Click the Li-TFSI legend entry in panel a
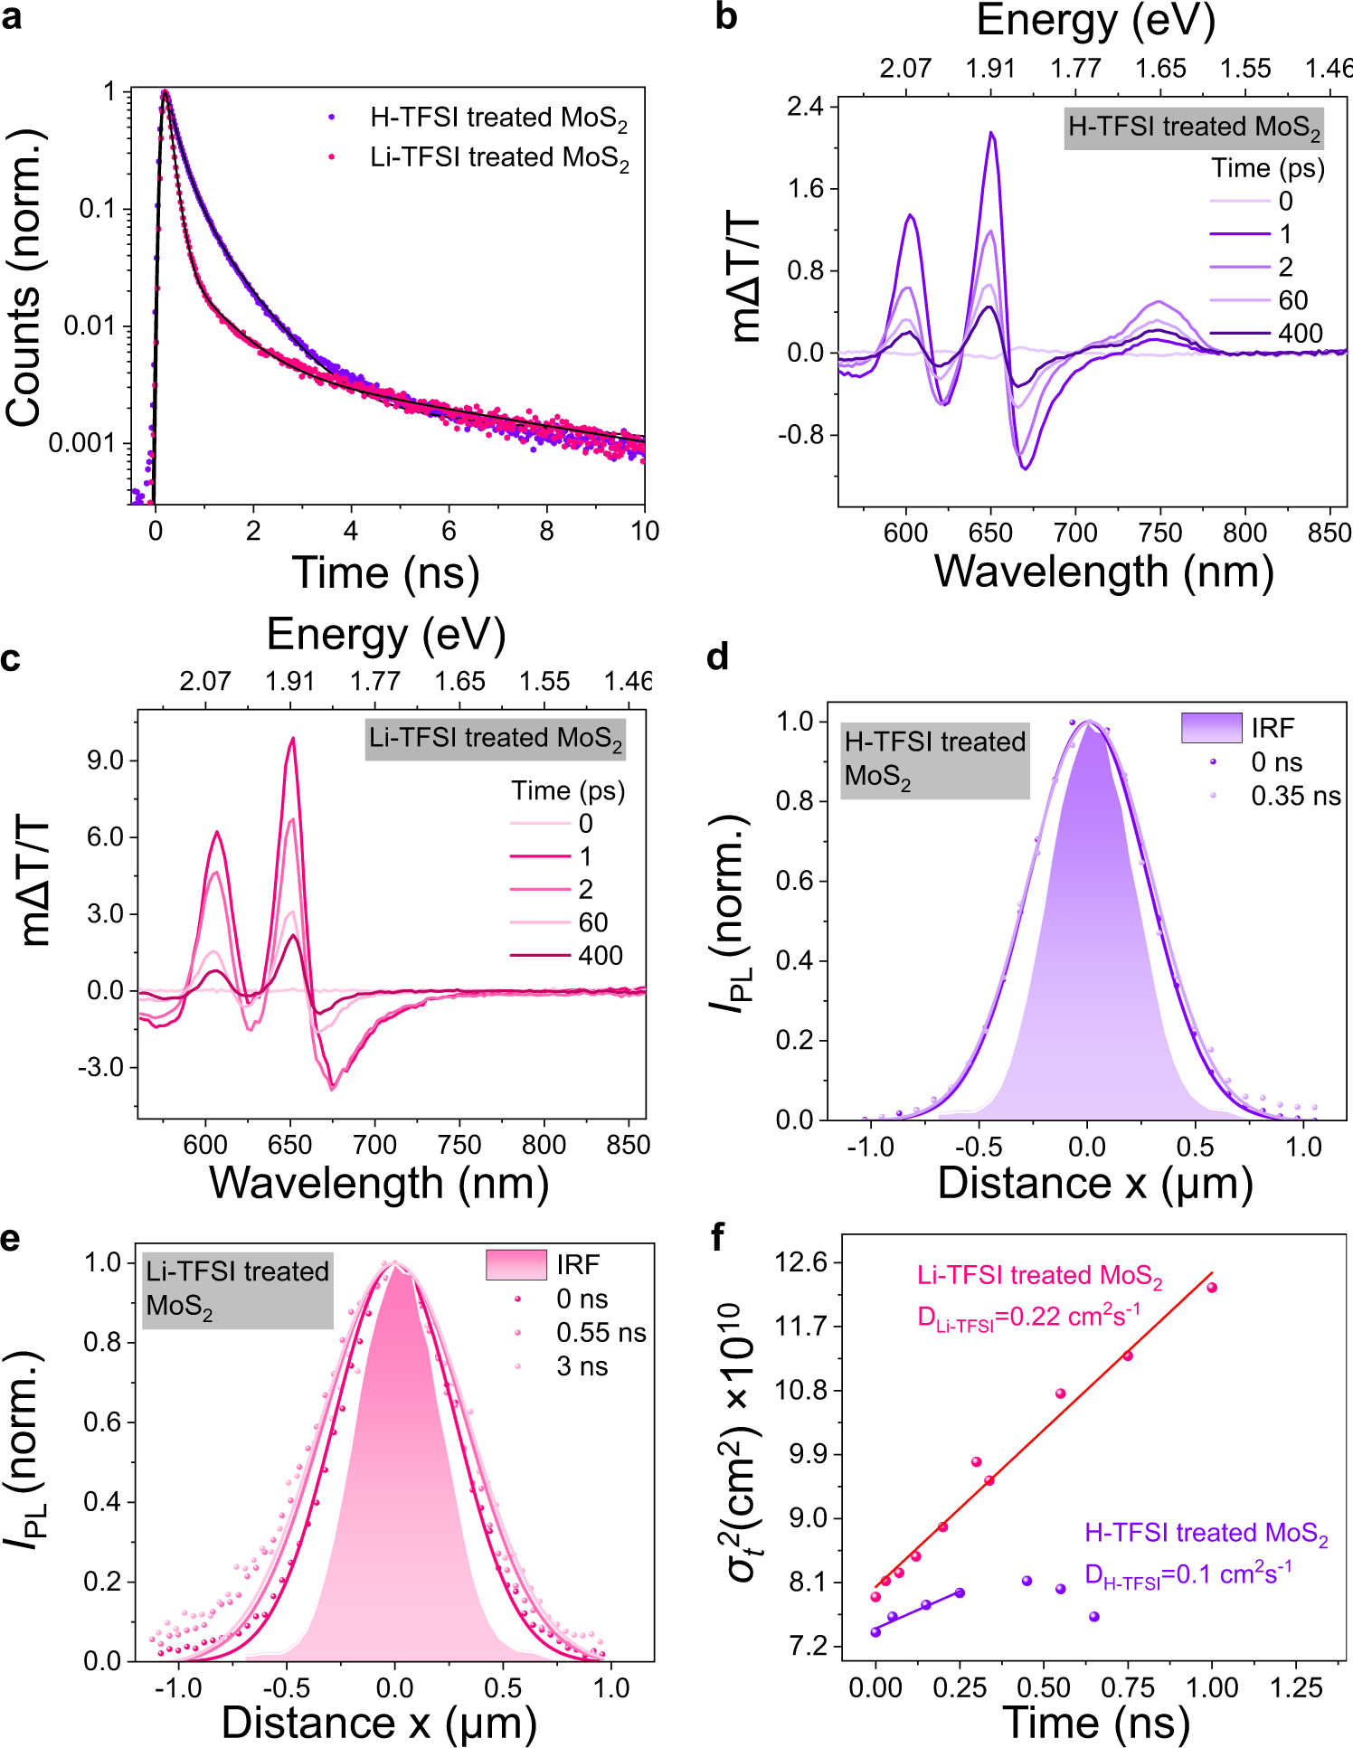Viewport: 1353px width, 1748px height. coord(498,158)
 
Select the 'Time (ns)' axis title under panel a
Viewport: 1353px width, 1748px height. coord(385,572)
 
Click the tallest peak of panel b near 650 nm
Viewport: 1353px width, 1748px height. coord(991,134)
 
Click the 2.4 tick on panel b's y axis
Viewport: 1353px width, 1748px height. coord(805,107)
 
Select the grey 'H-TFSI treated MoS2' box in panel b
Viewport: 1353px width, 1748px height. coord(1194,128)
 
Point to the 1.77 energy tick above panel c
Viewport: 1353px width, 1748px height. coord(374,682)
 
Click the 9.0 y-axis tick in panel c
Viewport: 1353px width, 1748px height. coord(106,761)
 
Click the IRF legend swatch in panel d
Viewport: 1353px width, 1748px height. coord(1211,728)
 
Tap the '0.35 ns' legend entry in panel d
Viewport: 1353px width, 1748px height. coord(1295,797)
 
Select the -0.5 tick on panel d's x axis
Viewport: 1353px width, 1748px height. coord(979,1147)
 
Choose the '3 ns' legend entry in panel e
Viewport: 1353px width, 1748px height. coord(582,1366)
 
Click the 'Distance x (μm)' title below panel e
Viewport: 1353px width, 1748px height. coord(379,1723)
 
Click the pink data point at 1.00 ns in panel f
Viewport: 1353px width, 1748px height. coord(1212,1288)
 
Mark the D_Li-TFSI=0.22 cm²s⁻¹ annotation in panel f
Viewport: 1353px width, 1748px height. coord(1028,1317)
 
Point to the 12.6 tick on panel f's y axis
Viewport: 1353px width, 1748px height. coord(802,1262)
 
